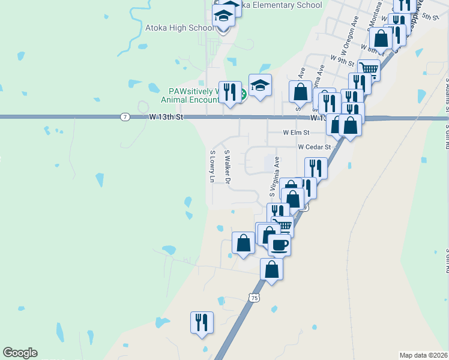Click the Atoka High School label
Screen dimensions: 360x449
point(179,28)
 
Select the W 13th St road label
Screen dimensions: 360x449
point(165,117)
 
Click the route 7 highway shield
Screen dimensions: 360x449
point(124,116)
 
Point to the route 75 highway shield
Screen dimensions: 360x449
point(255,298)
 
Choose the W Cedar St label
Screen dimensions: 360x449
point(314,147)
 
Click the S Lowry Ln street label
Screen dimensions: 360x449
point(212,166)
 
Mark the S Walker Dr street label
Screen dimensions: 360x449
point(227,167)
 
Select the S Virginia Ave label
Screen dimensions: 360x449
point(274,177)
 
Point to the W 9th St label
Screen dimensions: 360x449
point(342,59)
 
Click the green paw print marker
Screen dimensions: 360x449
point(243,94)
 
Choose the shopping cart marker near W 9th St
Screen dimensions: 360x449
point(369,70)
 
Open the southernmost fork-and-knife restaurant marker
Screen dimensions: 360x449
point(202,322)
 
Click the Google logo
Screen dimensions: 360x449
point(20,353)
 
